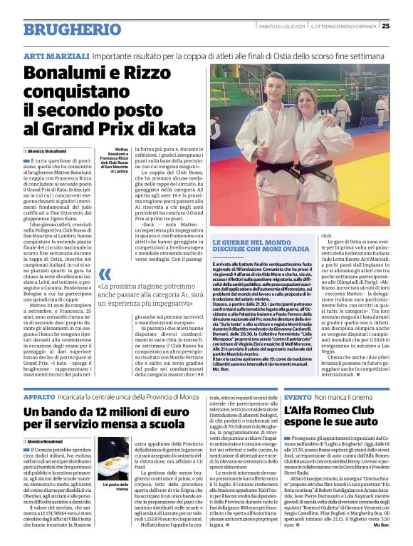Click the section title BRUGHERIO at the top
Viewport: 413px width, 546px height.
[x=62, y=29]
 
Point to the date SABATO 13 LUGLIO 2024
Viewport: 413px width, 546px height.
[x=283, y=27]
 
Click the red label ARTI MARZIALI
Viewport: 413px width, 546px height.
[x=48, y=56]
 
